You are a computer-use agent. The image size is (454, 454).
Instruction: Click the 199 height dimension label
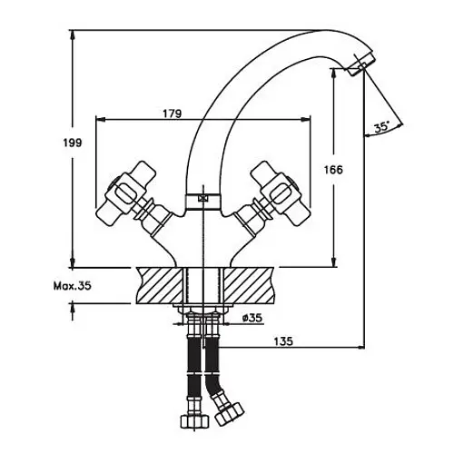pos(73,143)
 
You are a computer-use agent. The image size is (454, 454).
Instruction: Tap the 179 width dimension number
pos(173,113)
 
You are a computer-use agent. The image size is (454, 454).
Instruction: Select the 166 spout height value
pos(333,170)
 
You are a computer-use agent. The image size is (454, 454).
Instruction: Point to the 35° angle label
pos(381,127)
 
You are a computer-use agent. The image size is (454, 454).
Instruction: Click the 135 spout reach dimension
pos(283,341)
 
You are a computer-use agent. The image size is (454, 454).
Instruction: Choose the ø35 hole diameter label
pos(252,318)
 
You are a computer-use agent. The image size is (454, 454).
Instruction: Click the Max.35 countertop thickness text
pos(73,286)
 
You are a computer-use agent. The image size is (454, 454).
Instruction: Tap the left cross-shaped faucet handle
pos(125,193)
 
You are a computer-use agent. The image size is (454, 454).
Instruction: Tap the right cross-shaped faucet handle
pos(281,193)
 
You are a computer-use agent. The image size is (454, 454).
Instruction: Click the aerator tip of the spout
pos(361,64)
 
